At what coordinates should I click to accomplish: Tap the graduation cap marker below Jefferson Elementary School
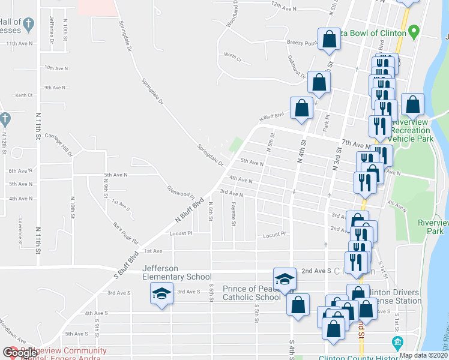tap(161, 294)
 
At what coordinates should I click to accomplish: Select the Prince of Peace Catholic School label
tap(252, 293)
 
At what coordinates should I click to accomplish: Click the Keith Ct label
tap(24, 95)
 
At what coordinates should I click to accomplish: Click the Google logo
tap(20, 353)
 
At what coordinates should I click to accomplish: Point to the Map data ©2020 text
tap(424, 355)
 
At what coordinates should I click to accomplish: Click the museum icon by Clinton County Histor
tap(396, 343)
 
